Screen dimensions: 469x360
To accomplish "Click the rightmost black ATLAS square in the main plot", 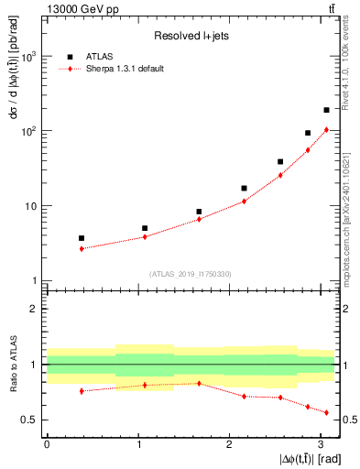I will coord(326,110).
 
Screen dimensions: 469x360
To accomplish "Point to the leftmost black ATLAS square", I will coord(82,238).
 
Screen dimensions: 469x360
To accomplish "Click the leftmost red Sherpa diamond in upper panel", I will coord(82,248).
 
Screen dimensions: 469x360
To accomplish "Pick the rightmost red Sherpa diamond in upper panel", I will coord(326,129).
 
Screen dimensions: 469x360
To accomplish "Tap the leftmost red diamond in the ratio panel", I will coord(82,391).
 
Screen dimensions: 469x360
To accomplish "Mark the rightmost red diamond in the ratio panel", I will coord(326,412).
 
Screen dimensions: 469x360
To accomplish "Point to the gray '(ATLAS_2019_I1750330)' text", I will coord(191,274).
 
